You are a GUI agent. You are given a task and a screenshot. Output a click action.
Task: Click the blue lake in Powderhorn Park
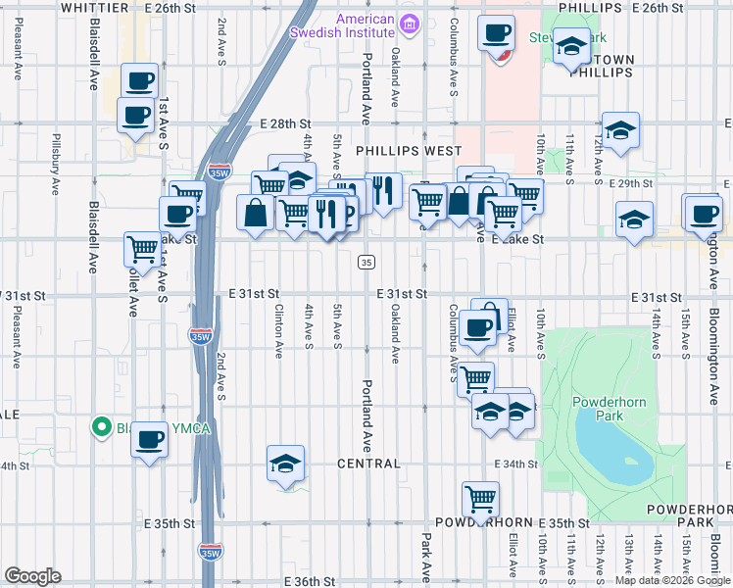615,446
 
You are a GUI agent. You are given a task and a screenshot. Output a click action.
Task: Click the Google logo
32,576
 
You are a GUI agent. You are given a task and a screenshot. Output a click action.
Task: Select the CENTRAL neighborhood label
369,464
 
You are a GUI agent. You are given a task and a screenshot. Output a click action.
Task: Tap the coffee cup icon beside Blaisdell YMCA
149,439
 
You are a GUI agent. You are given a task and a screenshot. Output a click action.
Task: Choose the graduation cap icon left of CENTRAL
286,463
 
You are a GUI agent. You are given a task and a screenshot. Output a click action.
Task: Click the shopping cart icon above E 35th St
480,498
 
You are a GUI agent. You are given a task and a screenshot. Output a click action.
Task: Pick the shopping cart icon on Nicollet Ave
143,249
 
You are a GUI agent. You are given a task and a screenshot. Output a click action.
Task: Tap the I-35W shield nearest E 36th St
210,554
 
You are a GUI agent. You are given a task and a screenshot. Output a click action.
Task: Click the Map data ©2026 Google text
672,580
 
